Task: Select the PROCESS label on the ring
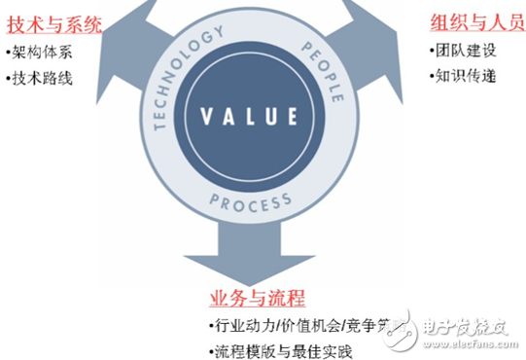250,202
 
